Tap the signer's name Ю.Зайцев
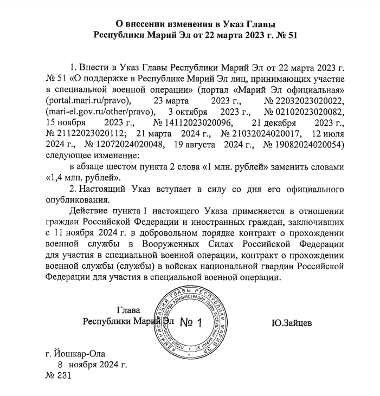291,323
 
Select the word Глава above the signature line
128,310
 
